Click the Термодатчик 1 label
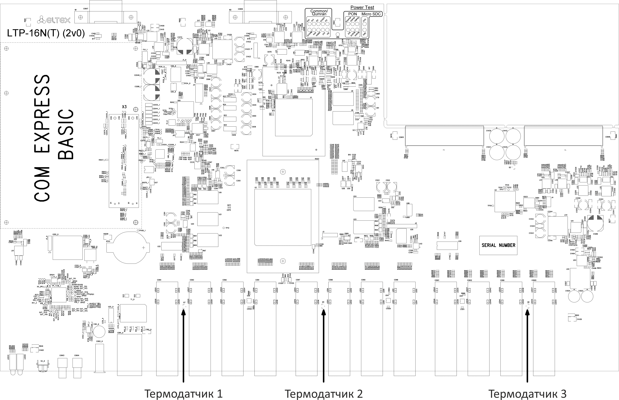tap(183, 393)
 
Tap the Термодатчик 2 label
tap(323, 393)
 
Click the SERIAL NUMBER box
tap(498, 245)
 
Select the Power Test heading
tap(362, 8)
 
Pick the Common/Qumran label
tap(319, 12)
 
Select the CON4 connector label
tap(159, 280)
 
